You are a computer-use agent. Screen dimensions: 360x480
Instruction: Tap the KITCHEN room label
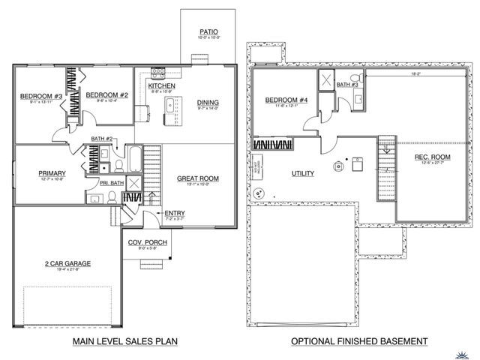coord(161,86)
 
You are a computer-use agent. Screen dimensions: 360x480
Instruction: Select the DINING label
coord(208,103)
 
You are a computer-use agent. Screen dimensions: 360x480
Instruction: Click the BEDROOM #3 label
coord(40,96)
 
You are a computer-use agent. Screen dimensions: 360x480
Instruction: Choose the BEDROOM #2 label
coord(103,94)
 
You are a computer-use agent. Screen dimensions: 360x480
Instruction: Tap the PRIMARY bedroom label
coord(52,173)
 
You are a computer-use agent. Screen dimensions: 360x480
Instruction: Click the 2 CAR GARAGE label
coord(67,264)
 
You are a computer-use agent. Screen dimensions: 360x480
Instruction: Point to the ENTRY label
coord(174,213)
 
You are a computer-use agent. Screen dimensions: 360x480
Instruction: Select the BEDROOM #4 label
coord(283,100)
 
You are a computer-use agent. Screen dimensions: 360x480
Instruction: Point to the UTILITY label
coord(302,173)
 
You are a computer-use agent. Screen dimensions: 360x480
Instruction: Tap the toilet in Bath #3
coord(360,78)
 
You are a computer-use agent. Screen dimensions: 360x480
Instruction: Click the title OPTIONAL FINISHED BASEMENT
coord(359,342)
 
